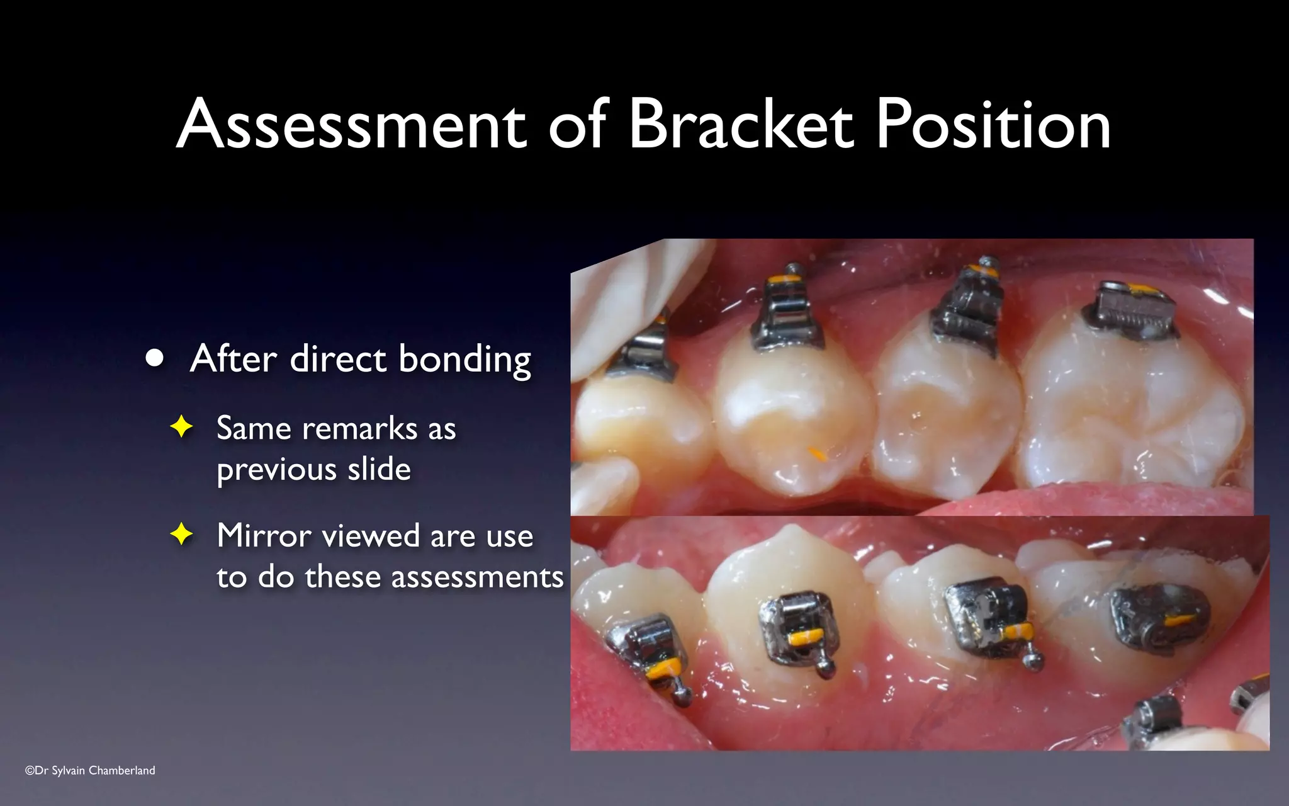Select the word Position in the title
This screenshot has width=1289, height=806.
[993, 126]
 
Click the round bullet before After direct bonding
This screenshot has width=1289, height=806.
[154, 358]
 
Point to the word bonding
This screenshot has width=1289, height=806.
[464, 360]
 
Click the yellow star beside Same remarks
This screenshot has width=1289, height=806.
[181, 428]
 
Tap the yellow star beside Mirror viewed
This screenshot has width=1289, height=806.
[181, 535]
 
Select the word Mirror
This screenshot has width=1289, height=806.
[264, 536]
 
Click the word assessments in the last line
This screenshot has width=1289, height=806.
[477, 577]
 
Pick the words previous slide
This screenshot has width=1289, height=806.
[313, 470]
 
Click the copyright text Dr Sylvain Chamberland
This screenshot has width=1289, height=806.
[90, 770]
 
